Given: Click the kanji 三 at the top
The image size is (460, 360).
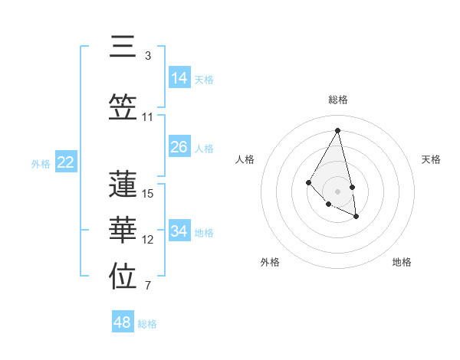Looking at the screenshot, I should (123, 47).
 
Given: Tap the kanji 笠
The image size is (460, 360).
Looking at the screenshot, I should (123, 108).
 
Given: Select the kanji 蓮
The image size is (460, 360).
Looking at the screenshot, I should (123, 184).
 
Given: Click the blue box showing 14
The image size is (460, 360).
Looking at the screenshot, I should (179, 77).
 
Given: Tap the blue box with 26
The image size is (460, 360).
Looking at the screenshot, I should (179, 146).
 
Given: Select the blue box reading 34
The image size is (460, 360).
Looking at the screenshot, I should (179, 231).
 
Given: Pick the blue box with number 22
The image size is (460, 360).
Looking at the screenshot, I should (66, 162).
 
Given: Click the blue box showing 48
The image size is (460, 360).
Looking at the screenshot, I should (123, 322).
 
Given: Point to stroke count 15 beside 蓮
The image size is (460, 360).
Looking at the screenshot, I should (148, 194).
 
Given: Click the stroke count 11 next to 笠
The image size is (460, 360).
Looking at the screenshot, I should (148, 117).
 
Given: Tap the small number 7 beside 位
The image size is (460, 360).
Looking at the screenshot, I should (148, 286).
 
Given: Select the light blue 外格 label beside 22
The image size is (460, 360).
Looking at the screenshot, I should (41, 163).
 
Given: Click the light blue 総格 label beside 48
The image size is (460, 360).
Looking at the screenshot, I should (147, 324).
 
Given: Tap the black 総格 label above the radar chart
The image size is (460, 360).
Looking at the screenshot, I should (337, 100).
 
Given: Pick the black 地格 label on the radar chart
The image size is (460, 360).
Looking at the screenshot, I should (402, 262).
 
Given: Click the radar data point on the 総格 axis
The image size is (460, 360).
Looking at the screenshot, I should (337, 130).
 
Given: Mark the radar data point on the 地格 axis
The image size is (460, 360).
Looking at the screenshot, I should (356, 217).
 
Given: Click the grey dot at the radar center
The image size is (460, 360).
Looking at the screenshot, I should (337, 191).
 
